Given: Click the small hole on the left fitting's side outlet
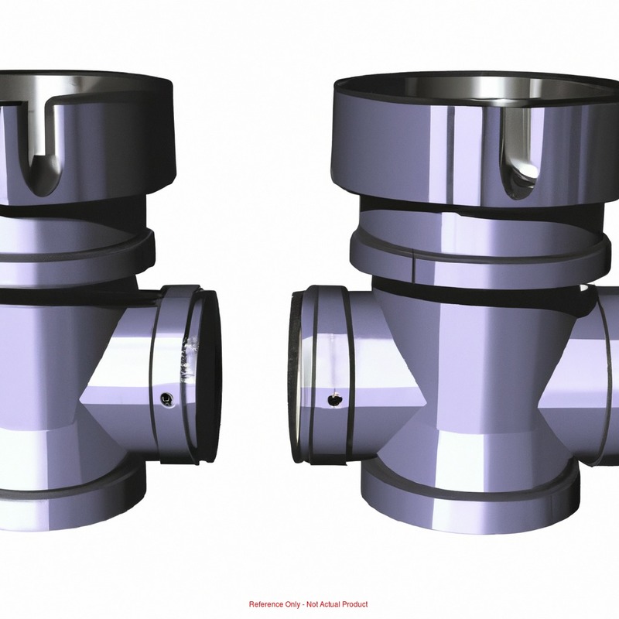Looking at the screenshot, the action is tap(166, 399).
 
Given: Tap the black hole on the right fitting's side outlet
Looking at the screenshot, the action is tap(335, 401).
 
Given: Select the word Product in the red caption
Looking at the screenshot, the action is tap(354, 604).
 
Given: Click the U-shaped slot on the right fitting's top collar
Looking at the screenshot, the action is tap(520, 155).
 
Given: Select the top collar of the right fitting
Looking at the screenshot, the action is tap(474, 139).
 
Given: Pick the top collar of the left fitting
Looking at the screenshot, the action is tap(87, 134).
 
